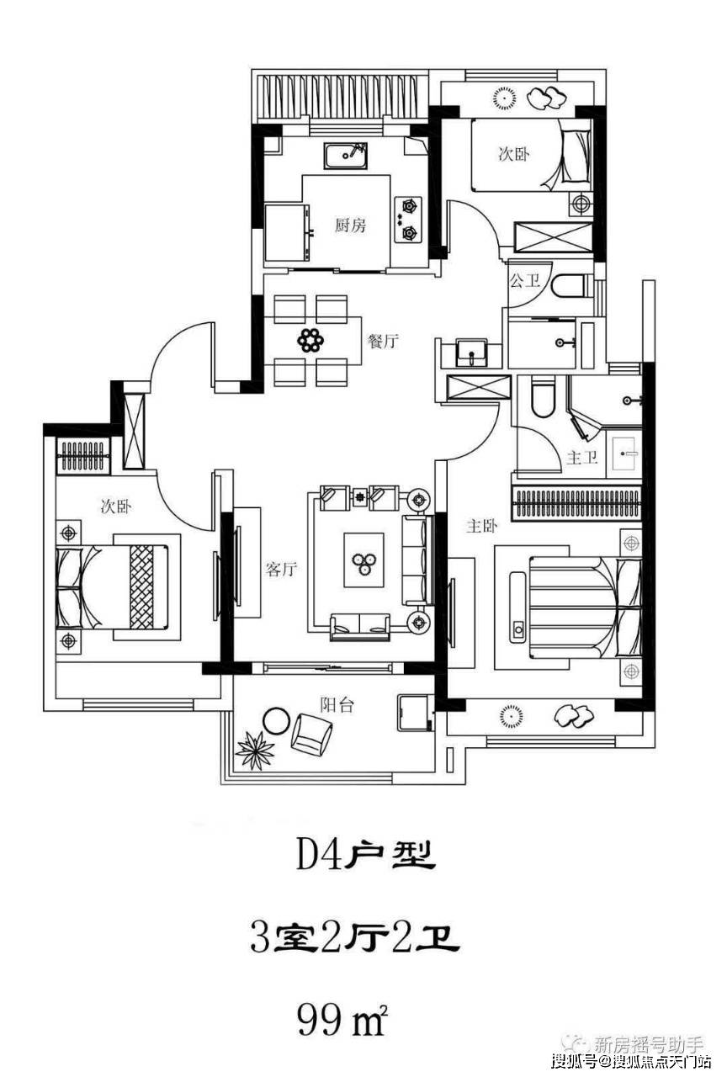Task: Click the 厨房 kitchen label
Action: (350, 225)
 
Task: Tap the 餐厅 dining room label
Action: (382, 342)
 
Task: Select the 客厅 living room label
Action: (281, 570)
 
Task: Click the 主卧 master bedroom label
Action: (482, 526)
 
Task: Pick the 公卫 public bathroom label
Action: (524, 280)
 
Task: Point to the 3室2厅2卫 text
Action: (354, 937)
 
